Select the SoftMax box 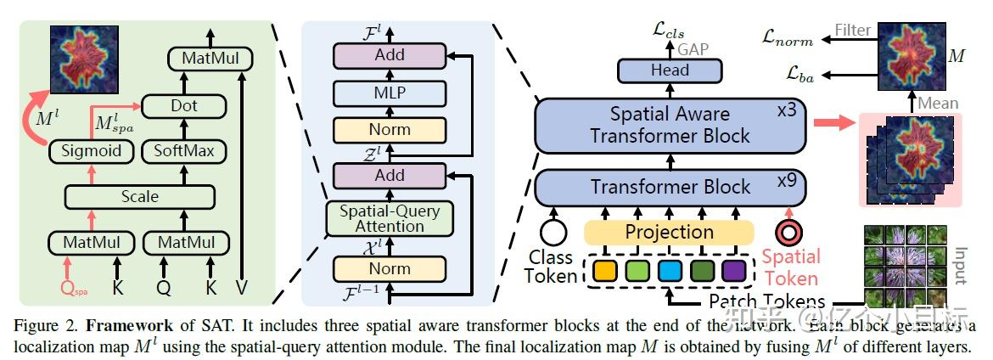pos(184,152)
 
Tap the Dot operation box pos(184,106)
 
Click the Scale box pos(139,196)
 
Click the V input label pos(242,289)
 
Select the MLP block pos(390,93)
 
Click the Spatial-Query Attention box pos(390,218)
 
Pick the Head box pos(670,70)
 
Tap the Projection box pos(670,232)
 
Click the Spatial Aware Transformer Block pos(670,125)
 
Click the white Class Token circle pos(554,233)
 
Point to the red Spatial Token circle pos(789,233)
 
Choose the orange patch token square pos(603,273)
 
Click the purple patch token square pos(732,273)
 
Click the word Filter pos(852,31)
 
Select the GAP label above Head pos(693,49)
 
